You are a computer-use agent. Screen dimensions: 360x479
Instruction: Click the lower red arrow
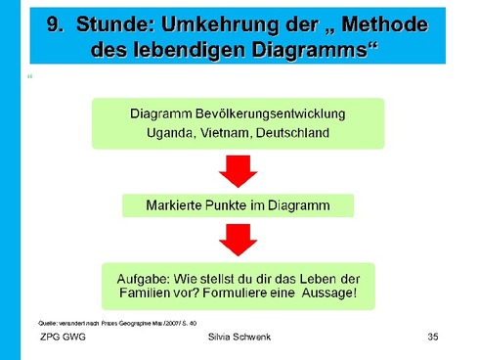click(238, 237)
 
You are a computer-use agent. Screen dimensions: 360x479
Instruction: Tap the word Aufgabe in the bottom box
click(147, 274)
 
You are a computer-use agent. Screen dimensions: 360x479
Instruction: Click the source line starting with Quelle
click(117, 322)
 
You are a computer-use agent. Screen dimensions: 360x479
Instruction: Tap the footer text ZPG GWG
click(62, 337)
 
